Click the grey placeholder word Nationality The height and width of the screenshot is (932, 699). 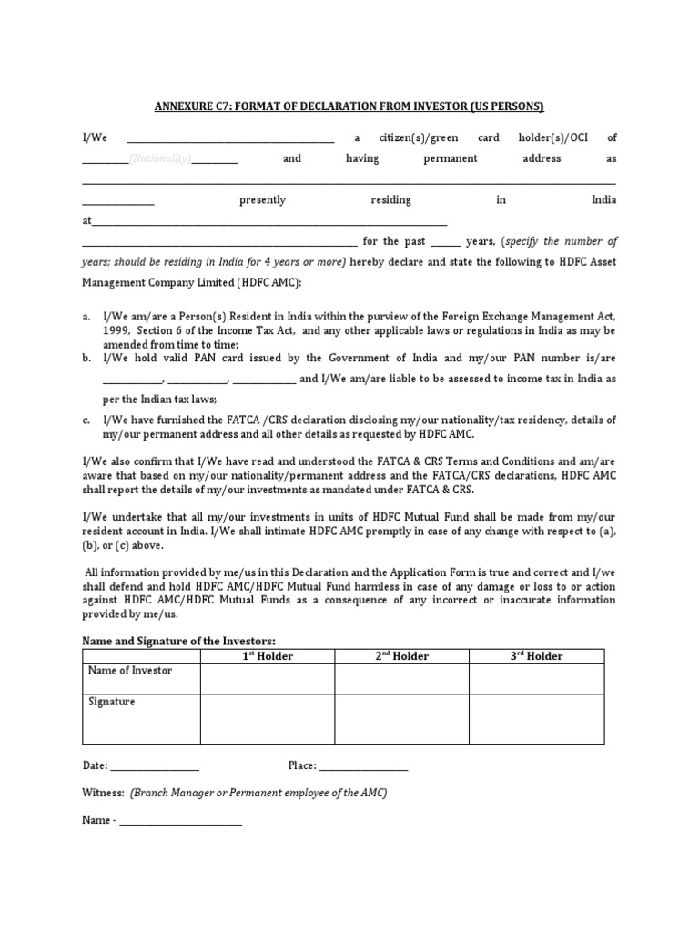click(159, 158)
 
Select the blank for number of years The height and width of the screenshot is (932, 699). click(445, 243)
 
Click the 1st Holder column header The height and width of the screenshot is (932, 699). click(268, 656)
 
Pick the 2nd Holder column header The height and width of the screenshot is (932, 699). click(401, 656)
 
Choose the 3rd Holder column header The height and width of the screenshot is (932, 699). click(536, 656)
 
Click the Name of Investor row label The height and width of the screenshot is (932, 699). click(129, 671)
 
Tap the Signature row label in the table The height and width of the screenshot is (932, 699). click(112, 703)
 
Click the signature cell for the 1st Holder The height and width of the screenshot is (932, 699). click(268, 718)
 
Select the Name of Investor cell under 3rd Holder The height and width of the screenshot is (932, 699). click(536, 679)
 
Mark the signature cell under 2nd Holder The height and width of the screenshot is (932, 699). click(401, 718)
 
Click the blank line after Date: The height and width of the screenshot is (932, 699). click(155, 767)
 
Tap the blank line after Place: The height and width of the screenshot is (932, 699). click(363, 767)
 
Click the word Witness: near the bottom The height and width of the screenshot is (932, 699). click(103, 793)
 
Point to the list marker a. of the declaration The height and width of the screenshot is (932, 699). click(86, 316)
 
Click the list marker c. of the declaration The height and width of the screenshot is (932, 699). click(86, 420)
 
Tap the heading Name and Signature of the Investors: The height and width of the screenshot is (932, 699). click(178, 642)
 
